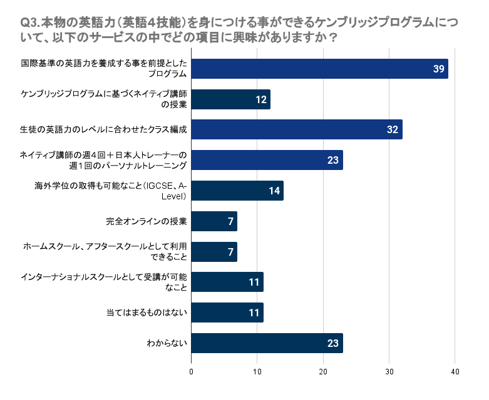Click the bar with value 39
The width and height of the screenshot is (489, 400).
pyautogui.click(x=320, y=69)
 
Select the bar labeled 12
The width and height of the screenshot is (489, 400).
pyautogui.click(x=231, y=99)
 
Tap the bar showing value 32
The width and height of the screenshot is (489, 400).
pyautogui.click(x=297, y=129)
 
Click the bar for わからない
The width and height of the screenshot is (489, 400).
pyautogui.click(x=267, y=343)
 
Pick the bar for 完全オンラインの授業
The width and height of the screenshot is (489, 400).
pyautogui.click(x=214, y=221)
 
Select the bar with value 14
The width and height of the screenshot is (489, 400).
pyautogui.click(x=237, y=191)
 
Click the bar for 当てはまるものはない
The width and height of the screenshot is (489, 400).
pyautogui.click(x=227, y=312)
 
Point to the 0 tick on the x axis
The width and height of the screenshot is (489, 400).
pyautogui.click(x=191, y=372)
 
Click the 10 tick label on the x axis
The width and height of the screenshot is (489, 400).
pyautogui.click(x=257, y=372)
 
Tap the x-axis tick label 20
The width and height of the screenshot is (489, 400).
pyautogui.click(x=323, y=372)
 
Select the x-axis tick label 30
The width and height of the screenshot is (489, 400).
pyautogui.click(x=389, y=372)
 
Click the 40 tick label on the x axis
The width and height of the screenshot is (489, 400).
pyautogui.click(x=455, y=372)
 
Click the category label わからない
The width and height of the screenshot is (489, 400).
pyautogui.click(x=167, y=343)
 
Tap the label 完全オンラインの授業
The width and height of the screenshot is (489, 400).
pyautogui.click(x=147, y=221)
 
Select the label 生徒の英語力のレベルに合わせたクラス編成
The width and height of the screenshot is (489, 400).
pyautogui.click(x=103, y=129)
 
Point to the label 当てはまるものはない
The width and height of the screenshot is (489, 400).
pyautogui.click(x=147, y=312)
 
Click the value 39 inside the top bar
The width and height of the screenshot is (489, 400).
pyautogui.click(x=438, y=69)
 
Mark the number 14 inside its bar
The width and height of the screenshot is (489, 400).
pyautogui.click(x=274, y=191)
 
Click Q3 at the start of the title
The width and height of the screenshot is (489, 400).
pyautogui.click(x=28, y=22)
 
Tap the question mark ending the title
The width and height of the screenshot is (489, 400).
pyautogui.click(x=333, y=37)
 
